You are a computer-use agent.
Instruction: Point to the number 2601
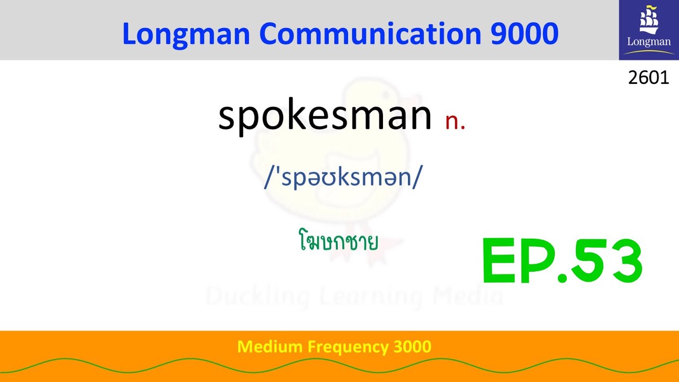coord(648,78)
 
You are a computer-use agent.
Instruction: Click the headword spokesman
coord(325,116)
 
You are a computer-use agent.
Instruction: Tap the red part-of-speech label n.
coord(455,121)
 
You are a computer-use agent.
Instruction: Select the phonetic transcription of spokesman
coord(343,177)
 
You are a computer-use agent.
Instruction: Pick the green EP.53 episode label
coord(562,261)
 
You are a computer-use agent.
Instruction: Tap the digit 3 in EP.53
coord(623,261)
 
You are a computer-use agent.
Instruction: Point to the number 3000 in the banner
coord(412,347)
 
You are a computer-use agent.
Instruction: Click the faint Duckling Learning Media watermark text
coord(354,297)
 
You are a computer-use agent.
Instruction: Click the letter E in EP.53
coord(500,261)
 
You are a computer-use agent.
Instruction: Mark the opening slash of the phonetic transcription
coord(268,177)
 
